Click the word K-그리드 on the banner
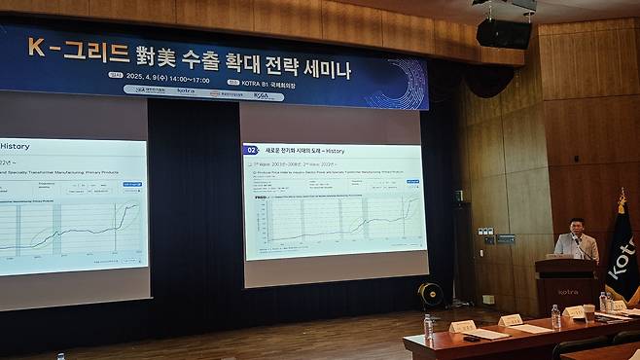pos(63,46)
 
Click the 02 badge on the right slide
pos(251,151)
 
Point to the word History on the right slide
pos(336,151)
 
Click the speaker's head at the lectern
pos(576,227)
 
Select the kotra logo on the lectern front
pos(567,291)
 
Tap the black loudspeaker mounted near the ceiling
pos(504,33)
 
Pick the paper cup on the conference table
pos(588,312)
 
